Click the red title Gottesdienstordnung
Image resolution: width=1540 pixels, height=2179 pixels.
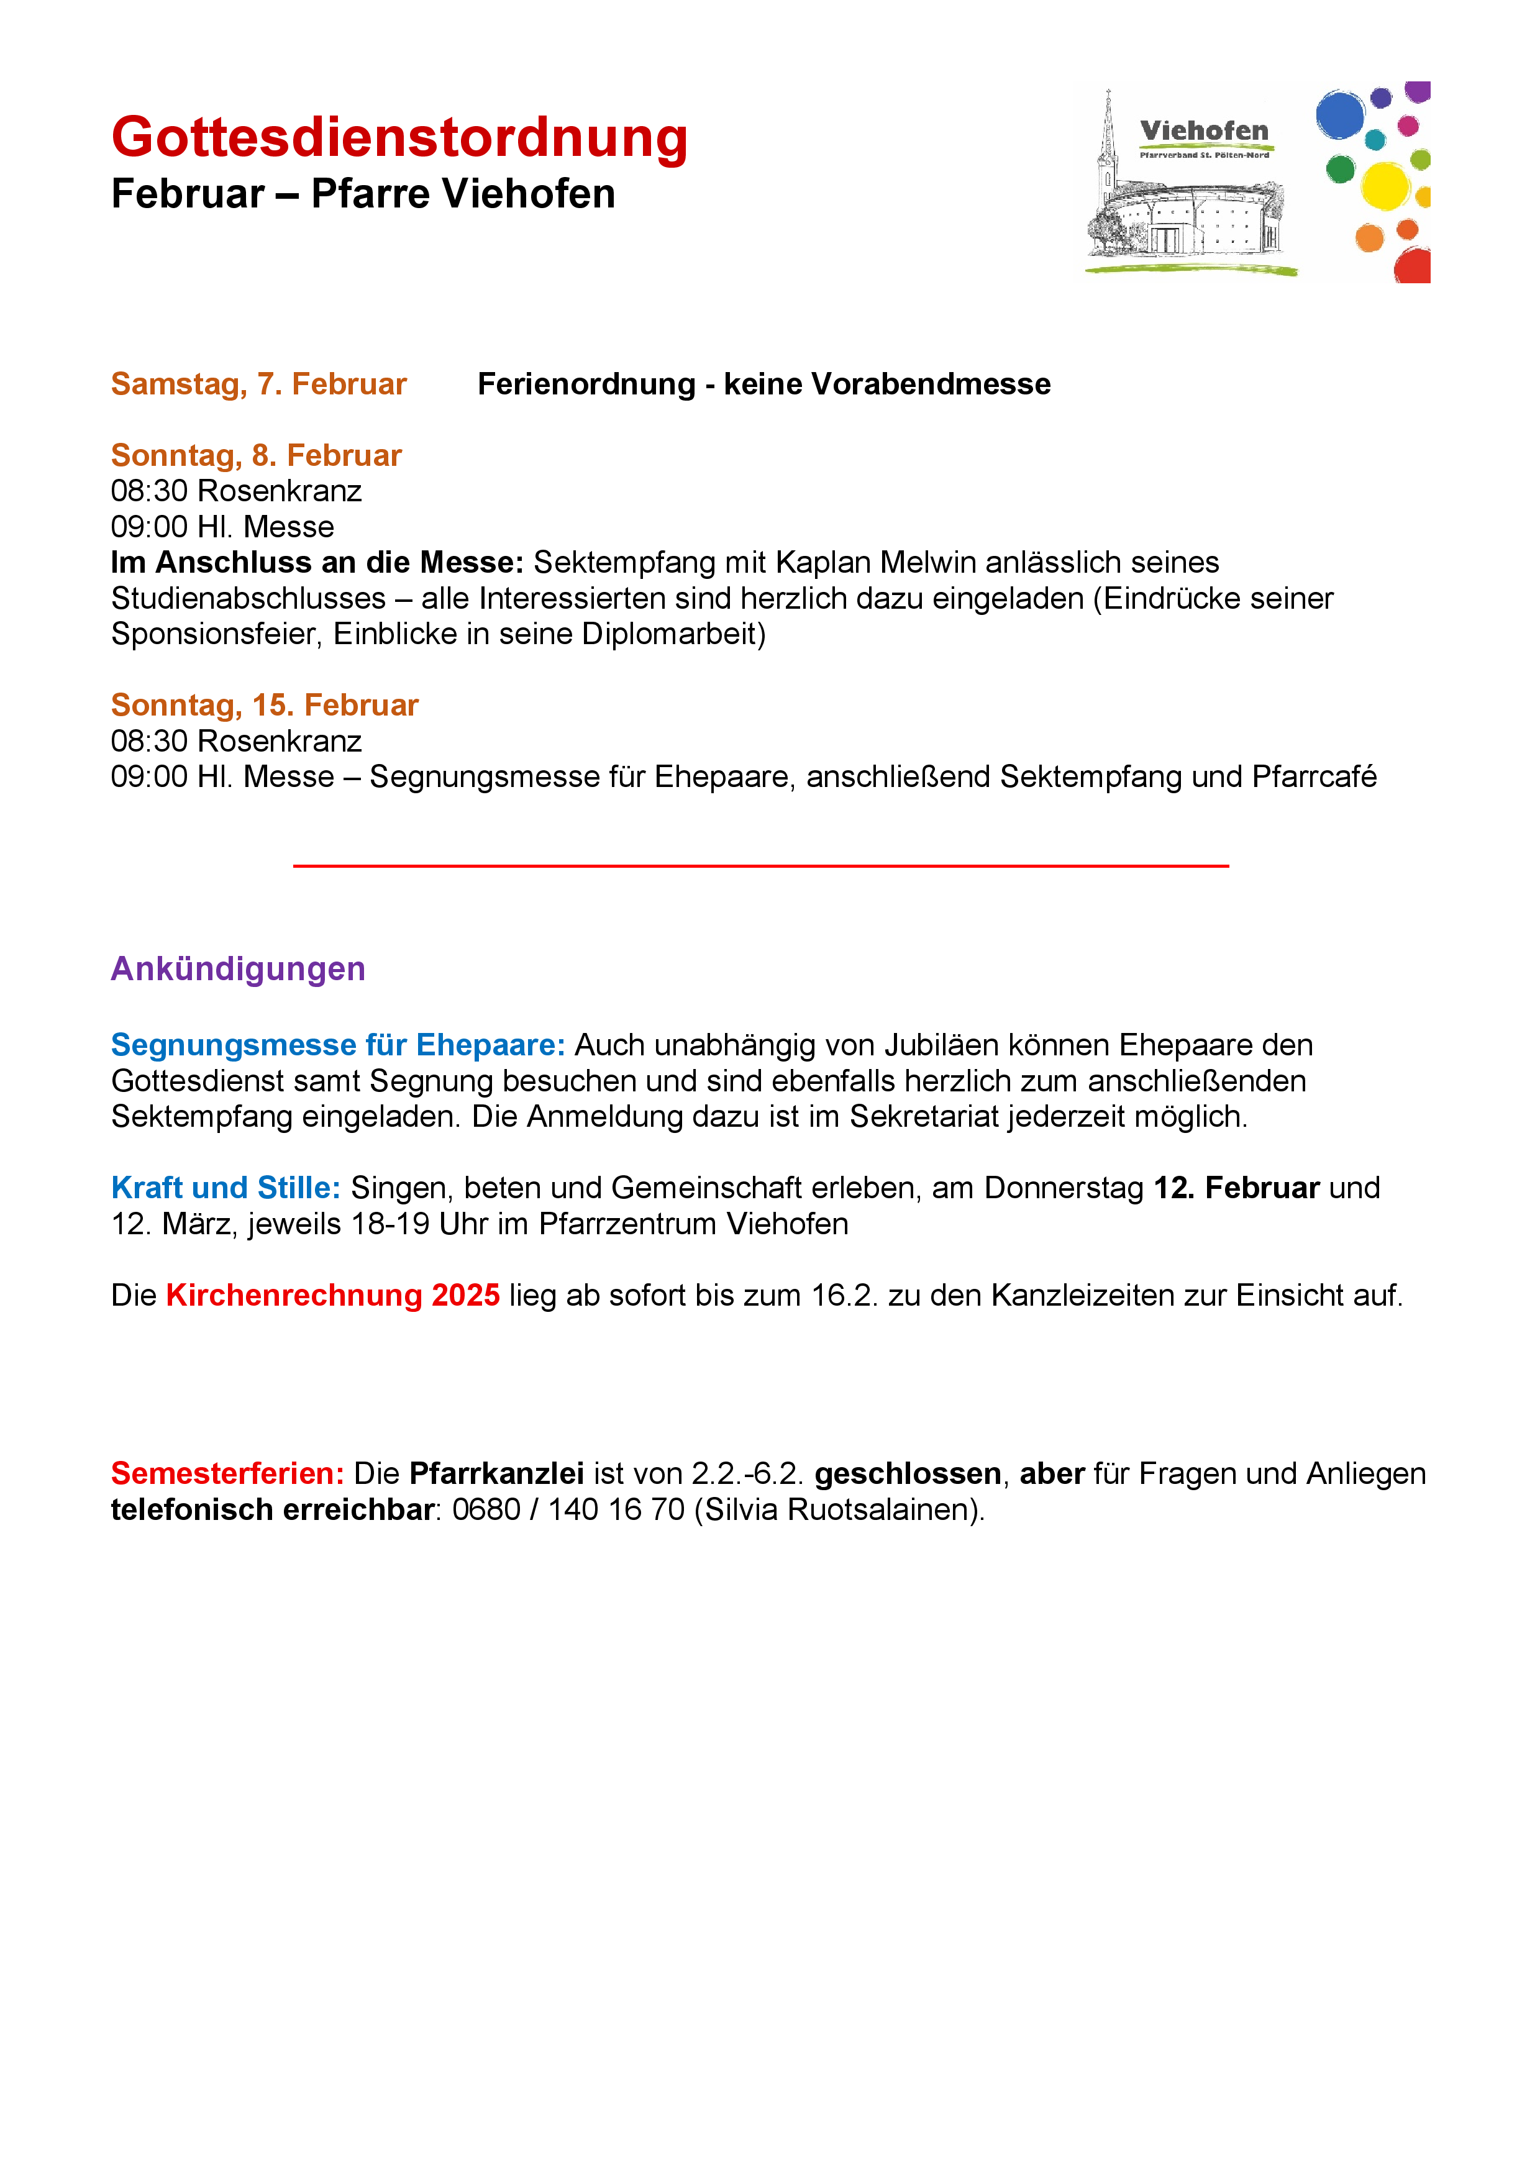click(x=399, y=138)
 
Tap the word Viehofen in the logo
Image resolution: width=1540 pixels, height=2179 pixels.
click(x=1203, y=131)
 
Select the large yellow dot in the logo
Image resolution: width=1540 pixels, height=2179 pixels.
click(x=1385, y=185)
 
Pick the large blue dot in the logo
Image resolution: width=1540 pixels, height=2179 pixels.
click(x=1340, y=115)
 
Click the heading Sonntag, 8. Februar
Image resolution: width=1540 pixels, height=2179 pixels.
click(x=256, y=455)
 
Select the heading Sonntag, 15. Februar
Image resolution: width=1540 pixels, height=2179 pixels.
click(x=264, y=704)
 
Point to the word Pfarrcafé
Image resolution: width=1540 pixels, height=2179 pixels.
click(x=1313, y=776)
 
